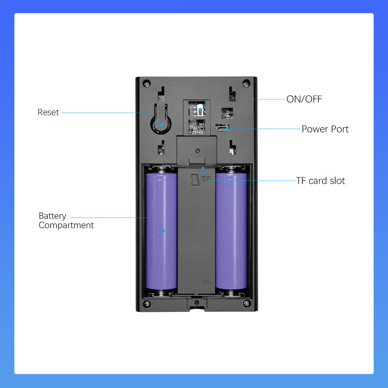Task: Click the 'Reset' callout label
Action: click(x=48, y=113)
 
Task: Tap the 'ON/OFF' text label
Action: click(x=304, y=99)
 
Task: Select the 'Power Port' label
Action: click(x=325, y=129)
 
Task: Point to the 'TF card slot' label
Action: click(x=320, y=180)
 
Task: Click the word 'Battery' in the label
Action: click(x=52, y=216)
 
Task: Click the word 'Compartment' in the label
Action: click(x=66, y=225)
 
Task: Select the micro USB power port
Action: click(x=223, y=128)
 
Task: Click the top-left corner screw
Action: click(x=146, y=83)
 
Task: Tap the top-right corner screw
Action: click(x=246, y=83)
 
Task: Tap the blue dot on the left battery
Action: click(x=164, y=230)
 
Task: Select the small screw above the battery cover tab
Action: click(x=197, y=151)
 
